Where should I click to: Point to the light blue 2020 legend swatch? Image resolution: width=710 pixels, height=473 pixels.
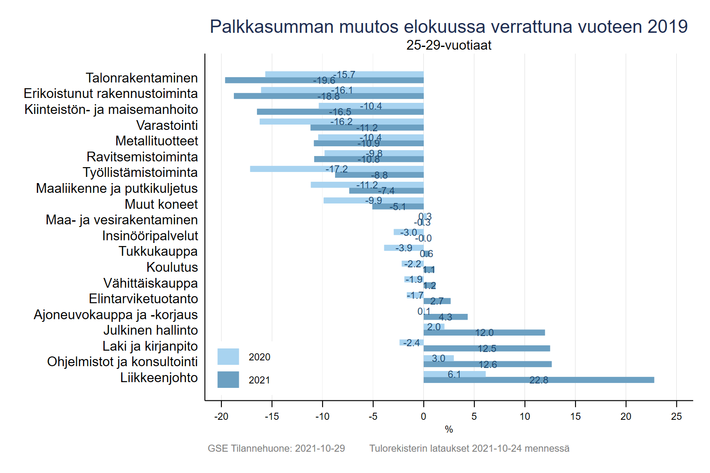pyautogui.click(x=228, y=357)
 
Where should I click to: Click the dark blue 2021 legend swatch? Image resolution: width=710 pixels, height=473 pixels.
pyautogui.click(x=228, y=380)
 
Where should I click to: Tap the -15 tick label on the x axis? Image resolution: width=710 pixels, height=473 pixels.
pyautogui.click(x=272, y=417)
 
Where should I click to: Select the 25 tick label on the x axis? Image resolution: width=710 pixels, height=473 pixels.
pyautogui.click(x=676, y=417)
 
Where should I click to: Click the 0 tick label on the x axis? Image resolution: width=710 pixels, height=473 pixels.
pyautogui.click(x=423, y=417)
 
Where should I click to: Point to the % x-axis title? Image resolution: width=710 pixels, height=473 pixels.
pyautogui.click(x=449, y=430)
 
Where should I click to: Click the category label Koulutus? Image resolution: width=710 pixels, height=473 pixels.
pyautogui.click(x=172, y=267)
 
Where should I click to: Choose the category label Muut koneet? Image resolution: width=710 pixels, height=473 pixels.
pyautogui.click(x=161, y=204)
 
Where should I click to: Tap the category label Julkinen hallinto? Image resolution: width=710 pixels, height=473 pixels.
pyautogui.click(x=150, y=330)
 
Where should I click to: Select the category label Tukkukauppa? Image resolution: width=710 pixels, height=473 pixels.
pyautogui.click(x=158, y=251)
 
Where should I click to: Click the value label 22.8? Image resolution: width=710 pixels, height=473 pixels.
pyautogui.click(x=539, y=380)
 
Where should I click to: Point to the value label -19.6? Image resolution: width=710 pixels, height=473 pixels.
pyautogui.click(x=324, y=81)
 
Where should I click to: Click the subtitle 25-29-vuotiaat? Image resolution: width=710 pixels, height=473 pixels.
pyautogui.click(x=449, y=45)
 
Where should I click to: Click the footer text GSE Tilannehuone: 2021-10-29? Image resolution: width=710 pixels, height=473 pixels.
pyautogui.click(x=276, y=449)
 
